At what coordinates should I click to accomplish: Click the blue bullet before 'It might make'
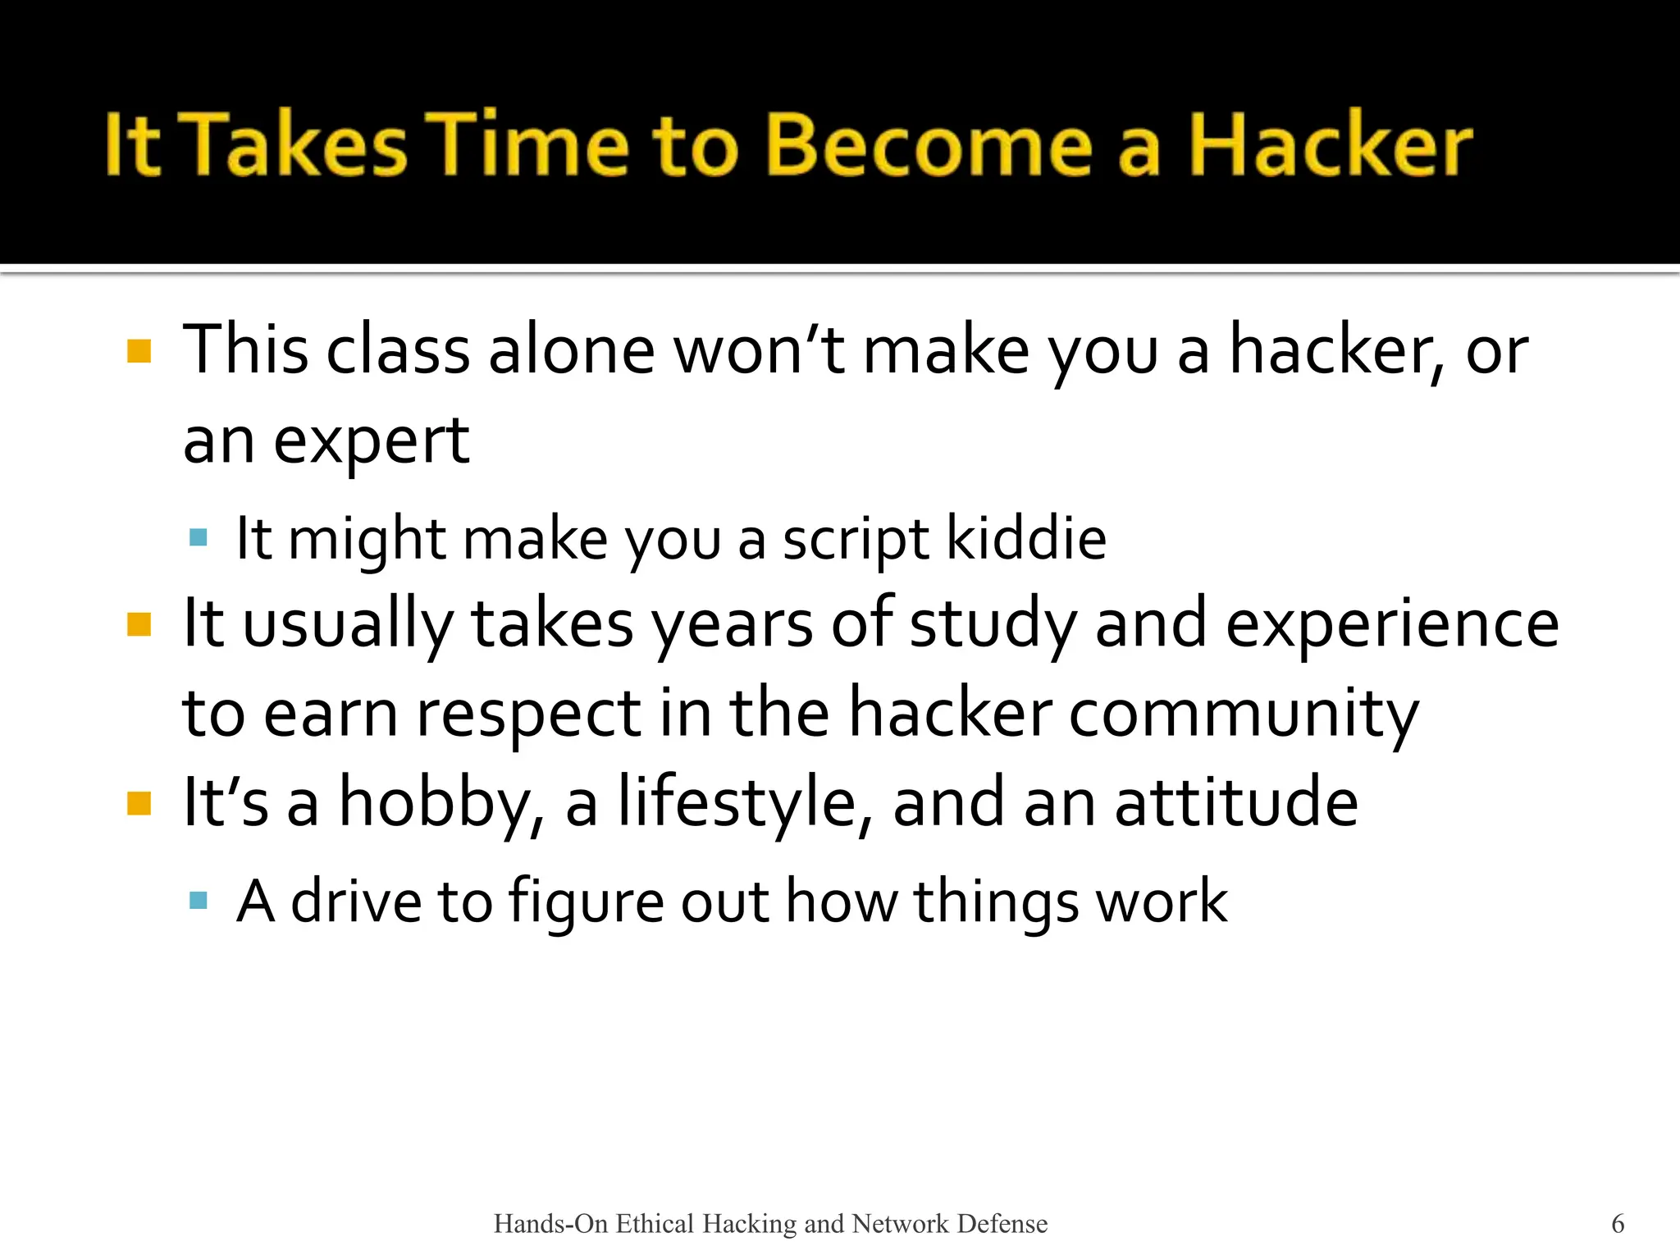coord(198,538)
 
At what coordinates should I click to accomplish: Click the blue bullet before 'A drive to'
coord(198,902)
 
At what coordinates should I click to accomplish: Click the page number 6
coord(1618,1224)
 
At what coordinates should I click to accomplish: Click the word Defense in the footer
coord(1002,1224)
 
